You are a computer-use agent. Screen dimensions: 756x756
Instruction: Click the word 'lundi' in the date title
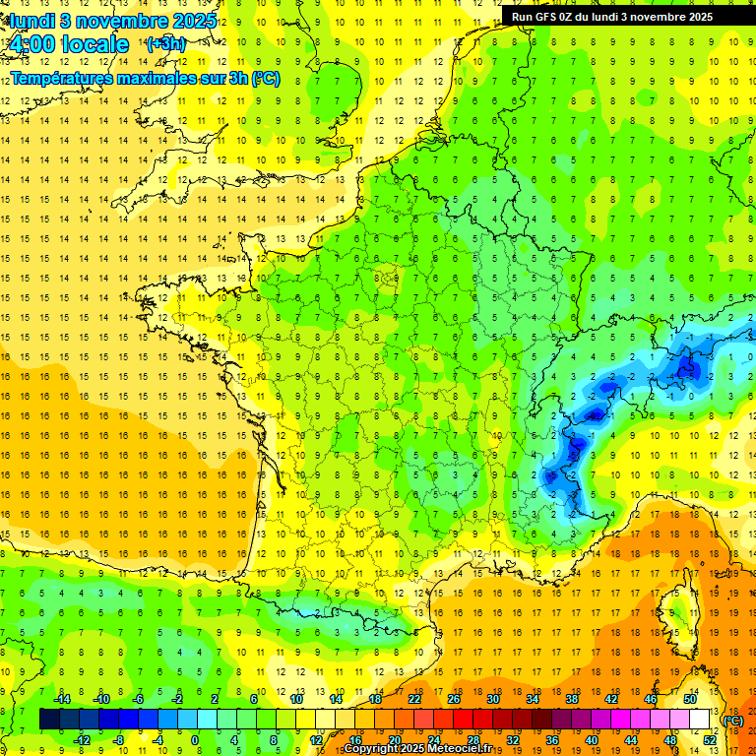tap(31, 21)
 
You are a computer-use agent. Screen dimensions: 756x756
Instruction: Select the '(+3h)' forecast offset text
tap(164, 44)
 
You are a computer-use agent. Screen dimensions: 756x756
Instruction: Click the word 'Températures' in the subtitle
tap(63, 78)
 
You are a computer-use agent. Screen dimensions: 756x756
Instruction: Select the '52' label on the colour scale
tap(710, 739)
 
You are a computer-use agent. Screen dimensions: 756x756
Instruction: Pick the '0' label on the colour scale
tap(195, 739)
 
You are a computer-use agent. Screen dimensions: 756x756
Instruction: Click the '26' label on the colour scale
tap(454, 699)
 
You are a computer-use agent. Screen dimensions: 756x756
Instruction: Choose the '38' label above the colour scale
tap(571, 699)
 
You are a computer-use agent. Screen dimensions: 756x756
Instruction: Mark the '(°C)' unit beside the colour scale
tap(733, 720)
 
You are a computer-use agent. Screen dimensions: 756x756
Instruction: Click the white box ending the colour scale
tap(700, 720)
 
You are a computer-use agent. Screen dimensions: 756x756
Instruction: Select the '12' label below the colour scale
tap(316, 739)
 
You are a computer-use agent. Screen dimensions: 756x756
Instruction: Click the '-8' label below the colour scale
tap(118, 739)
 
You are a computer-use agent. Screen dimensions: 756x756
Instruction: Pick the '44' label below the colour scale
tap(630, 739)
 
